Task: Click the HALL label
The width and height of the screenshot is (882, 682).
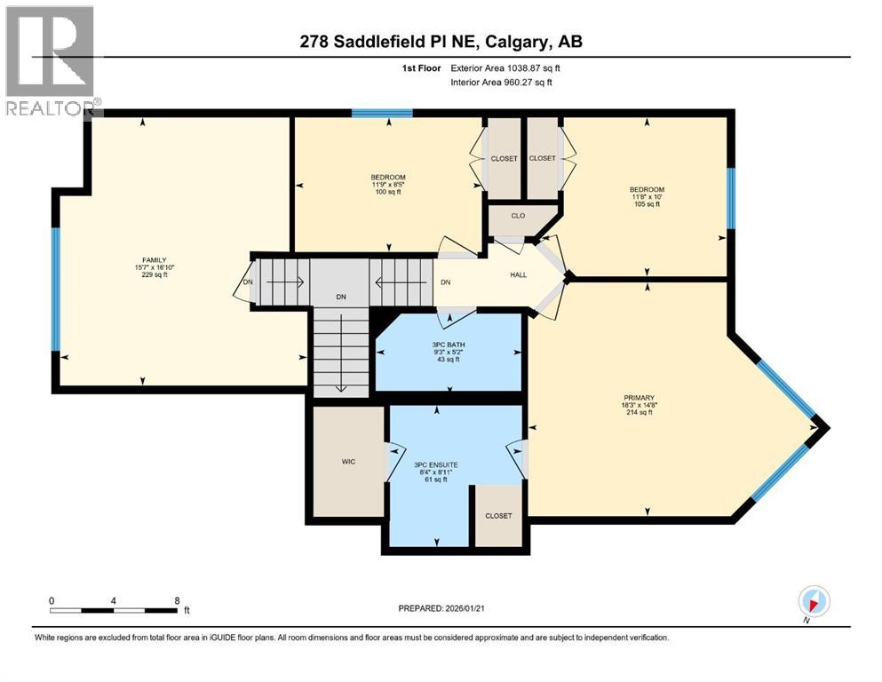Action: click(518, 274)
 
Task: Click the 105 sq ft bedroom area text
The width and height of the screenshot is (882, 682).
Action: click(647, 204)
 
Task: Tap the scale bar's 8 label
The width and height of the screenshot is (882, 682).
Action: click(177, 599)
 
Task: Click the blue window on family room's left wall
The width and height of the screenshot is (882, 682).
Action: click(55, 289)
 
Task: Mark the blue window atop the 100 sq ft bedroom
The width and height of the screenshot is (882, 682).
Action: click(382, 113)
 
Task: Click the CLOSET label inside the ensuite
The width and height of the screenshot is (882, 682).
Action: click(498, 516)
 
